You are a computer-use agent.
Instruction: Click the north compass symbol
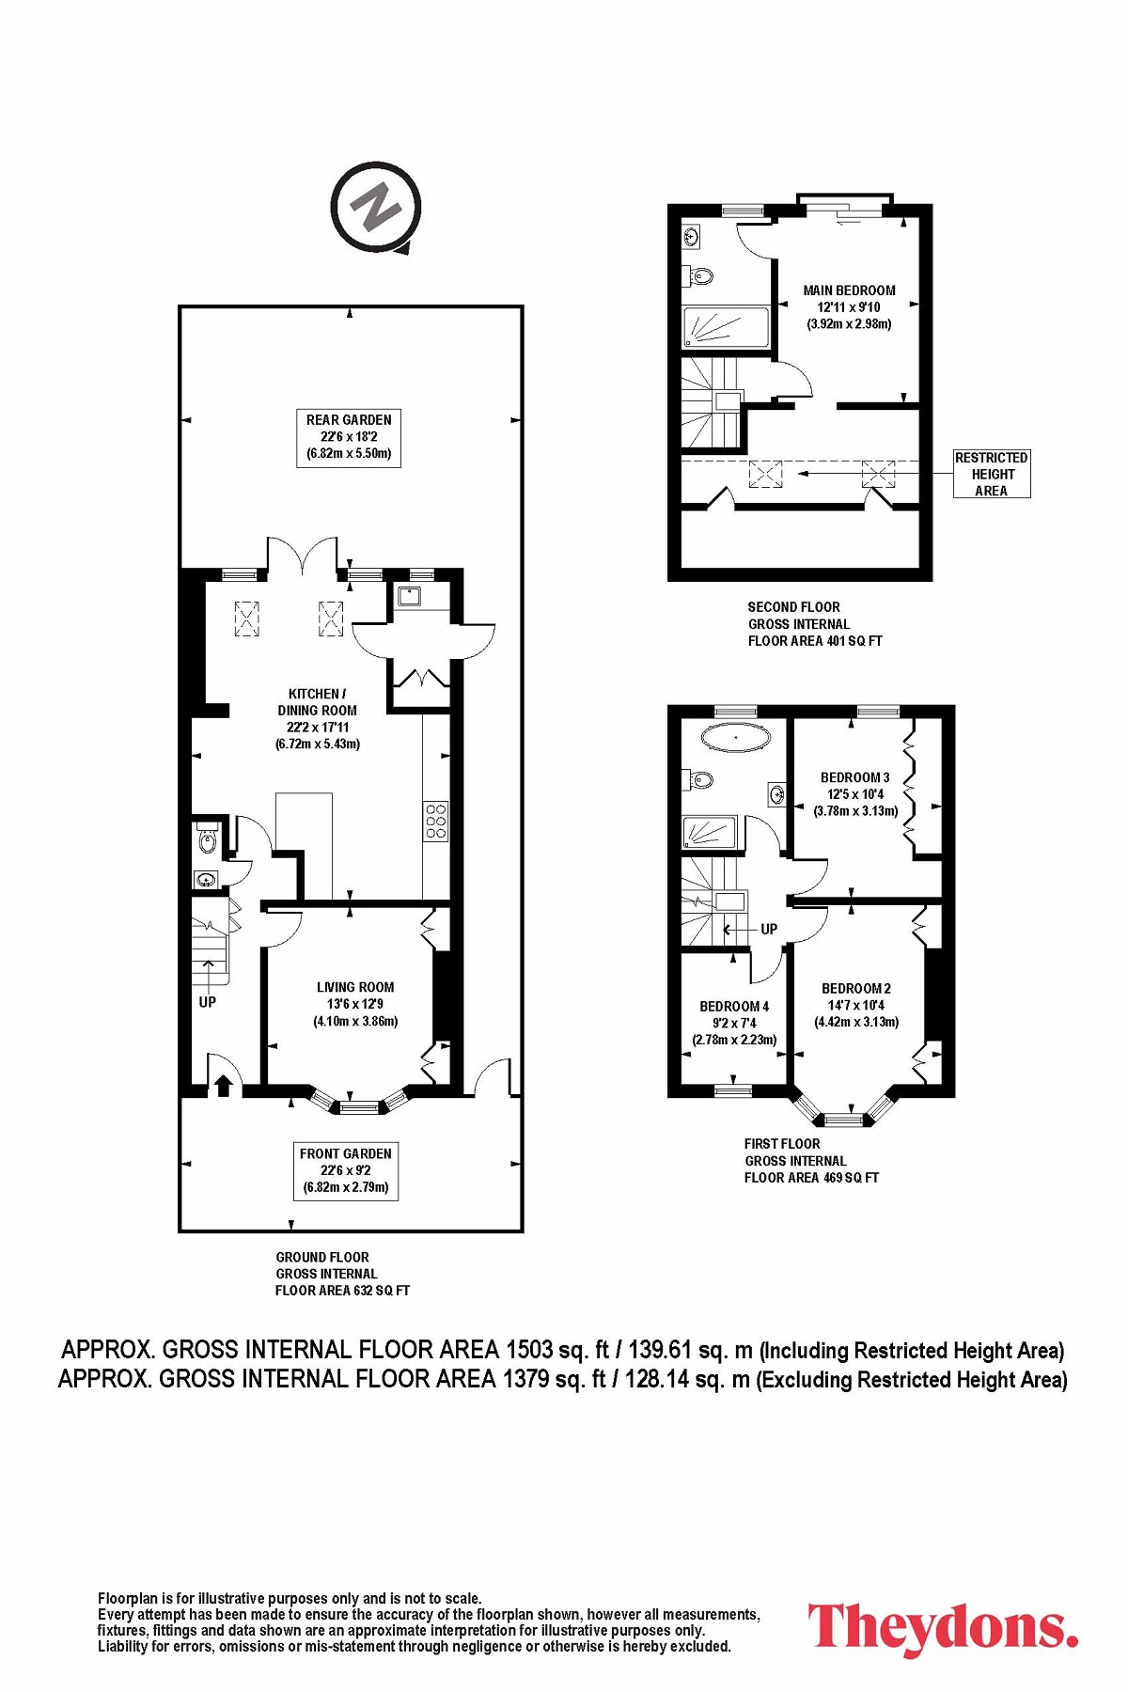(375, 208)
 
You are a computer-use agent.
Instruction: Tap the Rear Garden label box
(349, 437)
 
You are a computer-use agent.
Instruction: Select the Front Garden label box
(345, 1171)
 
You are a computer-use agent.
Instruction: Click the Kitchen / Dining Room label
(318, 718)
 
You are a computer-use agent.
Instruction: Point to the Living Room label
(355, 1004)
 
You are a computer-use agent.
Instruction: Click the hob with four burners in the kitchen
(436, 821)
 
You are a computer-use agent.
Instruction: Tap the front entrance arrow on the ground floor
(223, 1086)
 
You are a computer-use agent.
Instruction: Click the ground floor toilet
(207, 838)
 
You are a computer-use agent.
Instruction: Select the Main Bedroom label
(849, 307)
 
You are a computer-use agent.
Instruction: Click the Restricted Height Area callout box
(992, 474)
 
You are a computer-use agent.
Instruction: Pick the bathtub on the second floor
(727, 327)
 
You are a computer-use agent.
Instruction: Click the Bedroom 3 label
(855, 794)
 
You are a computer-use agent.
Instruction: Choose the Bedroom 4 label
(734, 1023)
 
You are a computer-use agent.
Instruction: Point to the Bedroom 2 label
(856, 1005)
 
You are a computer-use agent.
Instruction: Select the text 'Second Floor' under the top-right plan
(794, 607)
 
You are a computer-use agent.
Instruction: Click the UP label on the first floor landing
(769, 929)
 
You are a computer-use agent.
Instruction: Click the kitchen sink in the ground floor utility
(410, 596)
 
